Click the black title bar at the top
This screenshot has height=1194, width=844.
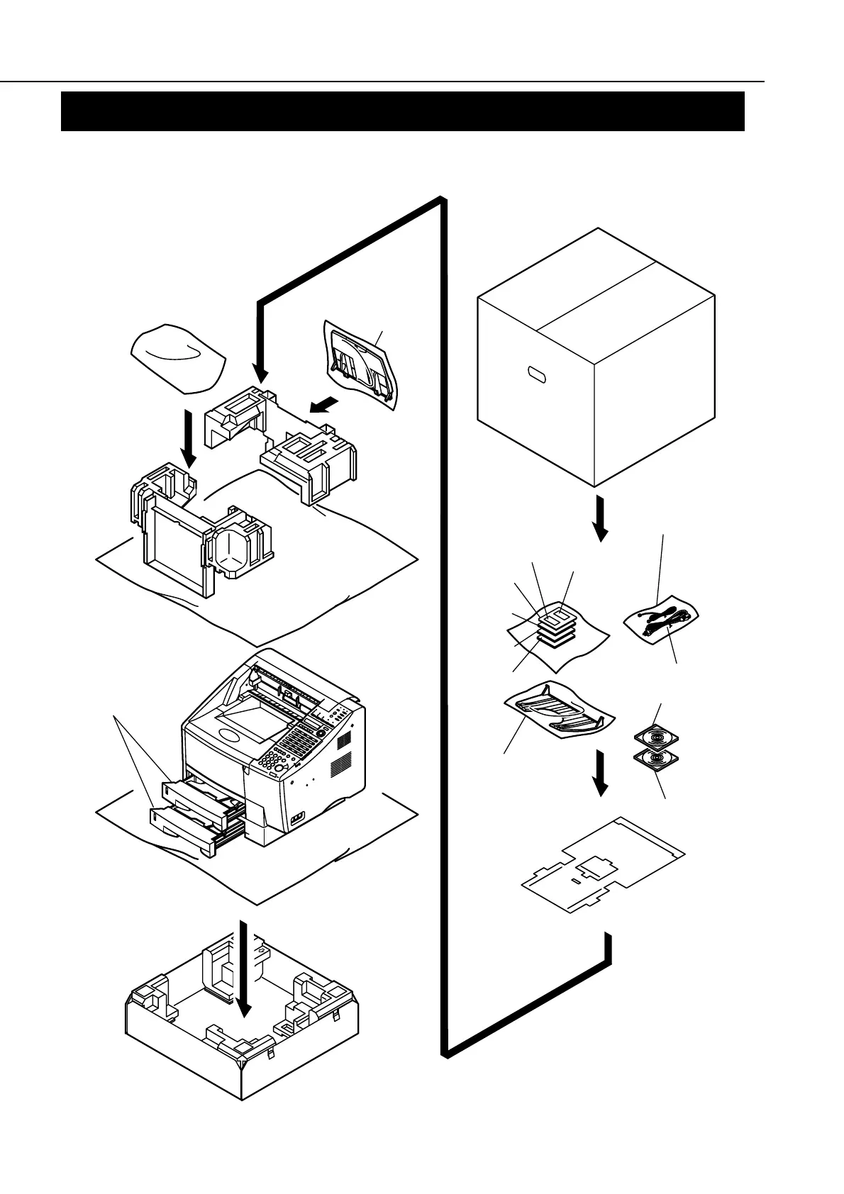(402, 111)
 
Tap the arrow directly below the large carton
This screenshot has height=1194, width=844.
(600, 519)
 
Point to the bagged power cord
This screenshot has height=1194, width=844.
(662, 615)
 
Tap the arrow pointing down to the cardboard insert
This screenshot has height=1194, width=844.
(600, 773)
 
